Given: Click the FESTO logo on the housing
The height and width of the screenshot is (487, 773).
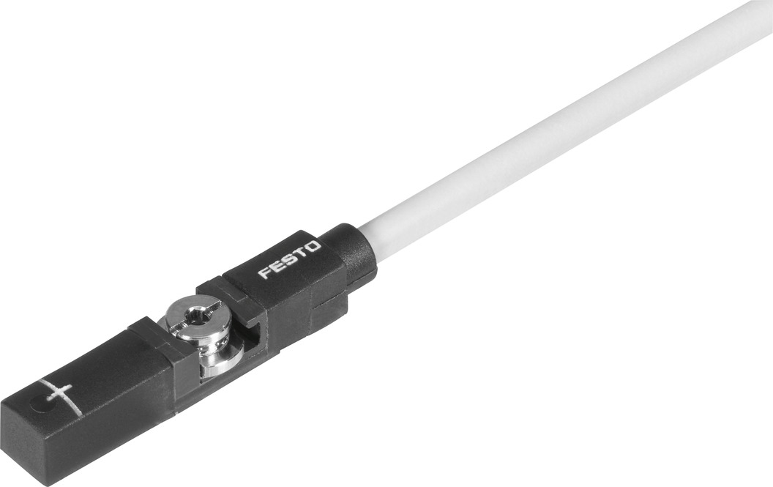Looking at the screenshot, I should click(289, 260).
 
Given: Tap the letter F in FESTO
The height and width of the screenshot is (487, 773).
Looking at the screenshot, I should click(264, 274).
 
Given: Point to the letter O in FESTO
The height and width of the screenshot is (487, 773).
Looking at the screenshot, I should click(313, 247).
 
